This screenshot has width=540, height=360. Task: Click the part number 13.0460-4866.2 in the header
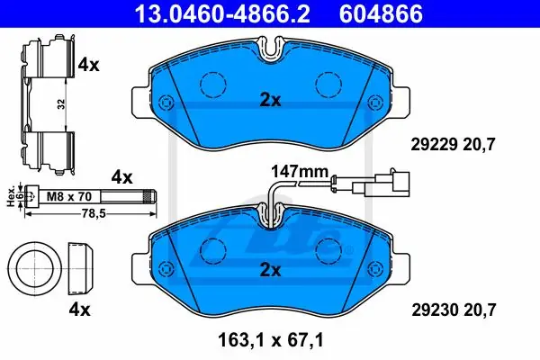coord(222,13)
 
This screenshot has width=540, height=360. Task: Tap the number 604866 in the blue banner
coord(381,13)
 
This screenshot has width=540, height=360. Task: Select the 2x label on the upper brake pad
coord(270,100)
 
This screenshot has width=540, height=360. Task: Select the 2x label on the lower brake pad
coord(270,270)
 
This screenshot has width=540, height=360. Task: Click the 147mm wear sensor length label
coord(300,171)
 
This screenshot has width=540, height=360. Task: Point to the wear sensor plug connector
coord(382,184)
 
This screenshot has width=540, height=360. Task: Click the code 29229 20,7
coord(453,144)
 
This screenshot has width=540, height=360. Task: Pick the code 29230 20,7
coord(454,310)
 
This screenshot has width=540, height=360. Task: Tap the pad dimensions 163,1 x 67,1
coord(271,340)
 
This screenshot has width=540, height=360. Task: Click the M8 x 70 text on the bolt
coord(69,197)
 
